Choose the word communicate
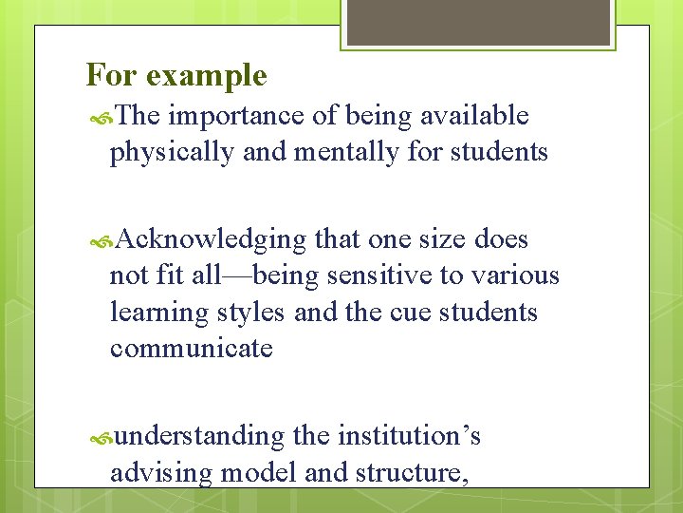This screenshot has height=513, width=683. pos(191,349)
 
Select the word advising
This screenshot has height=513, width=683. pos(161,472)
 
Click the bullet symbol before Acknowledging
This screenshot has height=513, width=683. pos(102,241)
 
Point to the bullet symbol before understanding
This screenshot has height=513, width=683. pos(102,438)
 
